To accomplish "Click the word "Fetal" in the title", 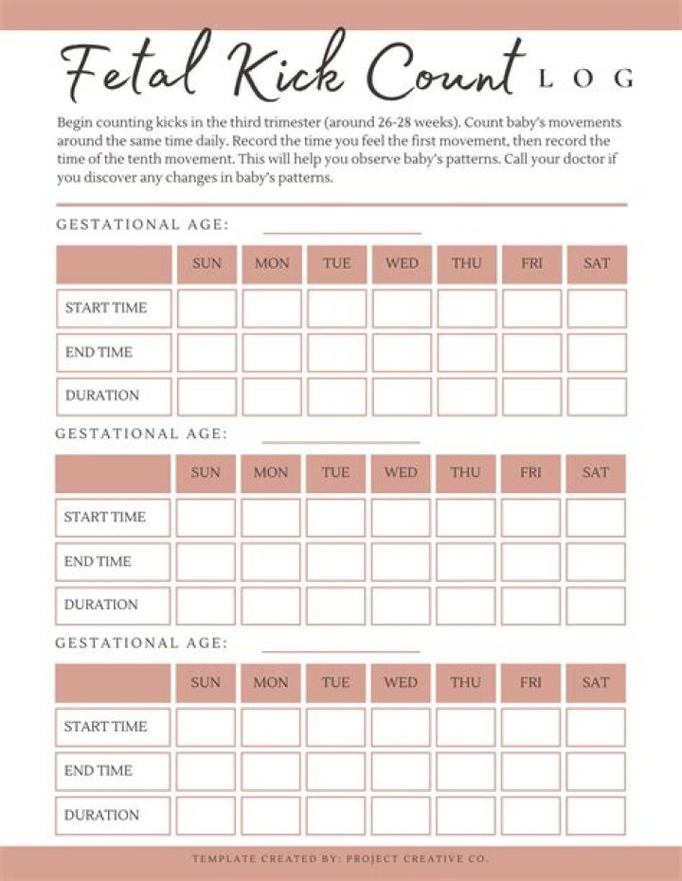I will (124, 70).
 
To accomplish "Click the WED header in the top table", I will (402, 264).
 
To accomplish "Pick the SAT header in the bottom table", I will (596, 682).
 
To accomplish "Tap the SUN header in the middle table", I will (206, 473).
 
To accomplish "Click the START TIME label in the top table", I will (105, 308).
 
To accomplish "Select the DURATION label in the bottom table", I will (101, 815).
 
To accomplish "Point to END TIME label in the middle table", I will (99, 561).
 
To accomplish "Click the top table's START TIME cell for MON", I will (272, 308).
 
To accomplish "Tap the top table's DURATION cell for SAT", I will (597, 396).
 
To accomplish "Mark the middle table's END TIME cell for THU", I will (465, 561).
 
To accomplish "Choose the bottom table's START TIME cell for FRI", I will (530, 727).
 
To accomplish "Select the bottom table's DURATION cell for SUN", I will (206, 815).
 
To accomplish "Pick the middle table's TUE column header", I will (335, 473).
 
